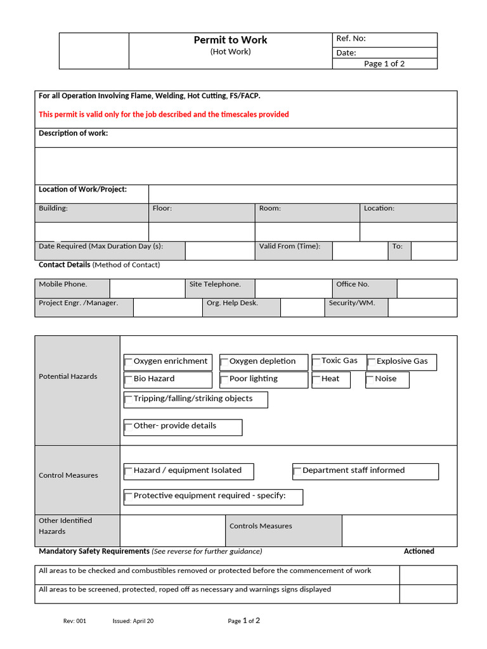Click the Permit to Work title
point(230,40)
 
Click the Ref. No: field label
point(351,39)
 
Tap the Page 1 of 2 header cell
point(384,63)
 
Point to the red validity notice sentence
point(164,115)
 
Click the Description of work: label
point(73,133)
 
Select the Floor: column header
point(162,209)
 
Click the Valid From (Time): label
point(289,247)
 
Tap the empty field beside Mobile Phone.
point(146,288)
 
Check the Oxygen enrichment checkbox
point(129,363)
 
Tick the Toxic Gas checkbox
point(316,362)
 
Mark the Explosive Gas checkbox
point(372,363)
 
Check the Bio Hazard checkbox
point(129,380)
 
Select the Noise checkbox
point(370,380)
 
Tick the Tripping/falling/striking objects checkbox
point(129,400)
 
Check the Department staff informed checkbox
point(297,472)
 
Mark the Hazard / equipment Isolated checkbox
point(129,472)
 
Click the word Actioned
point(419,551)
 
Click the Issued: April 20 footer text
point(133,621)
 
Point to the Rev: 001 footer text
point(74,621)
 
